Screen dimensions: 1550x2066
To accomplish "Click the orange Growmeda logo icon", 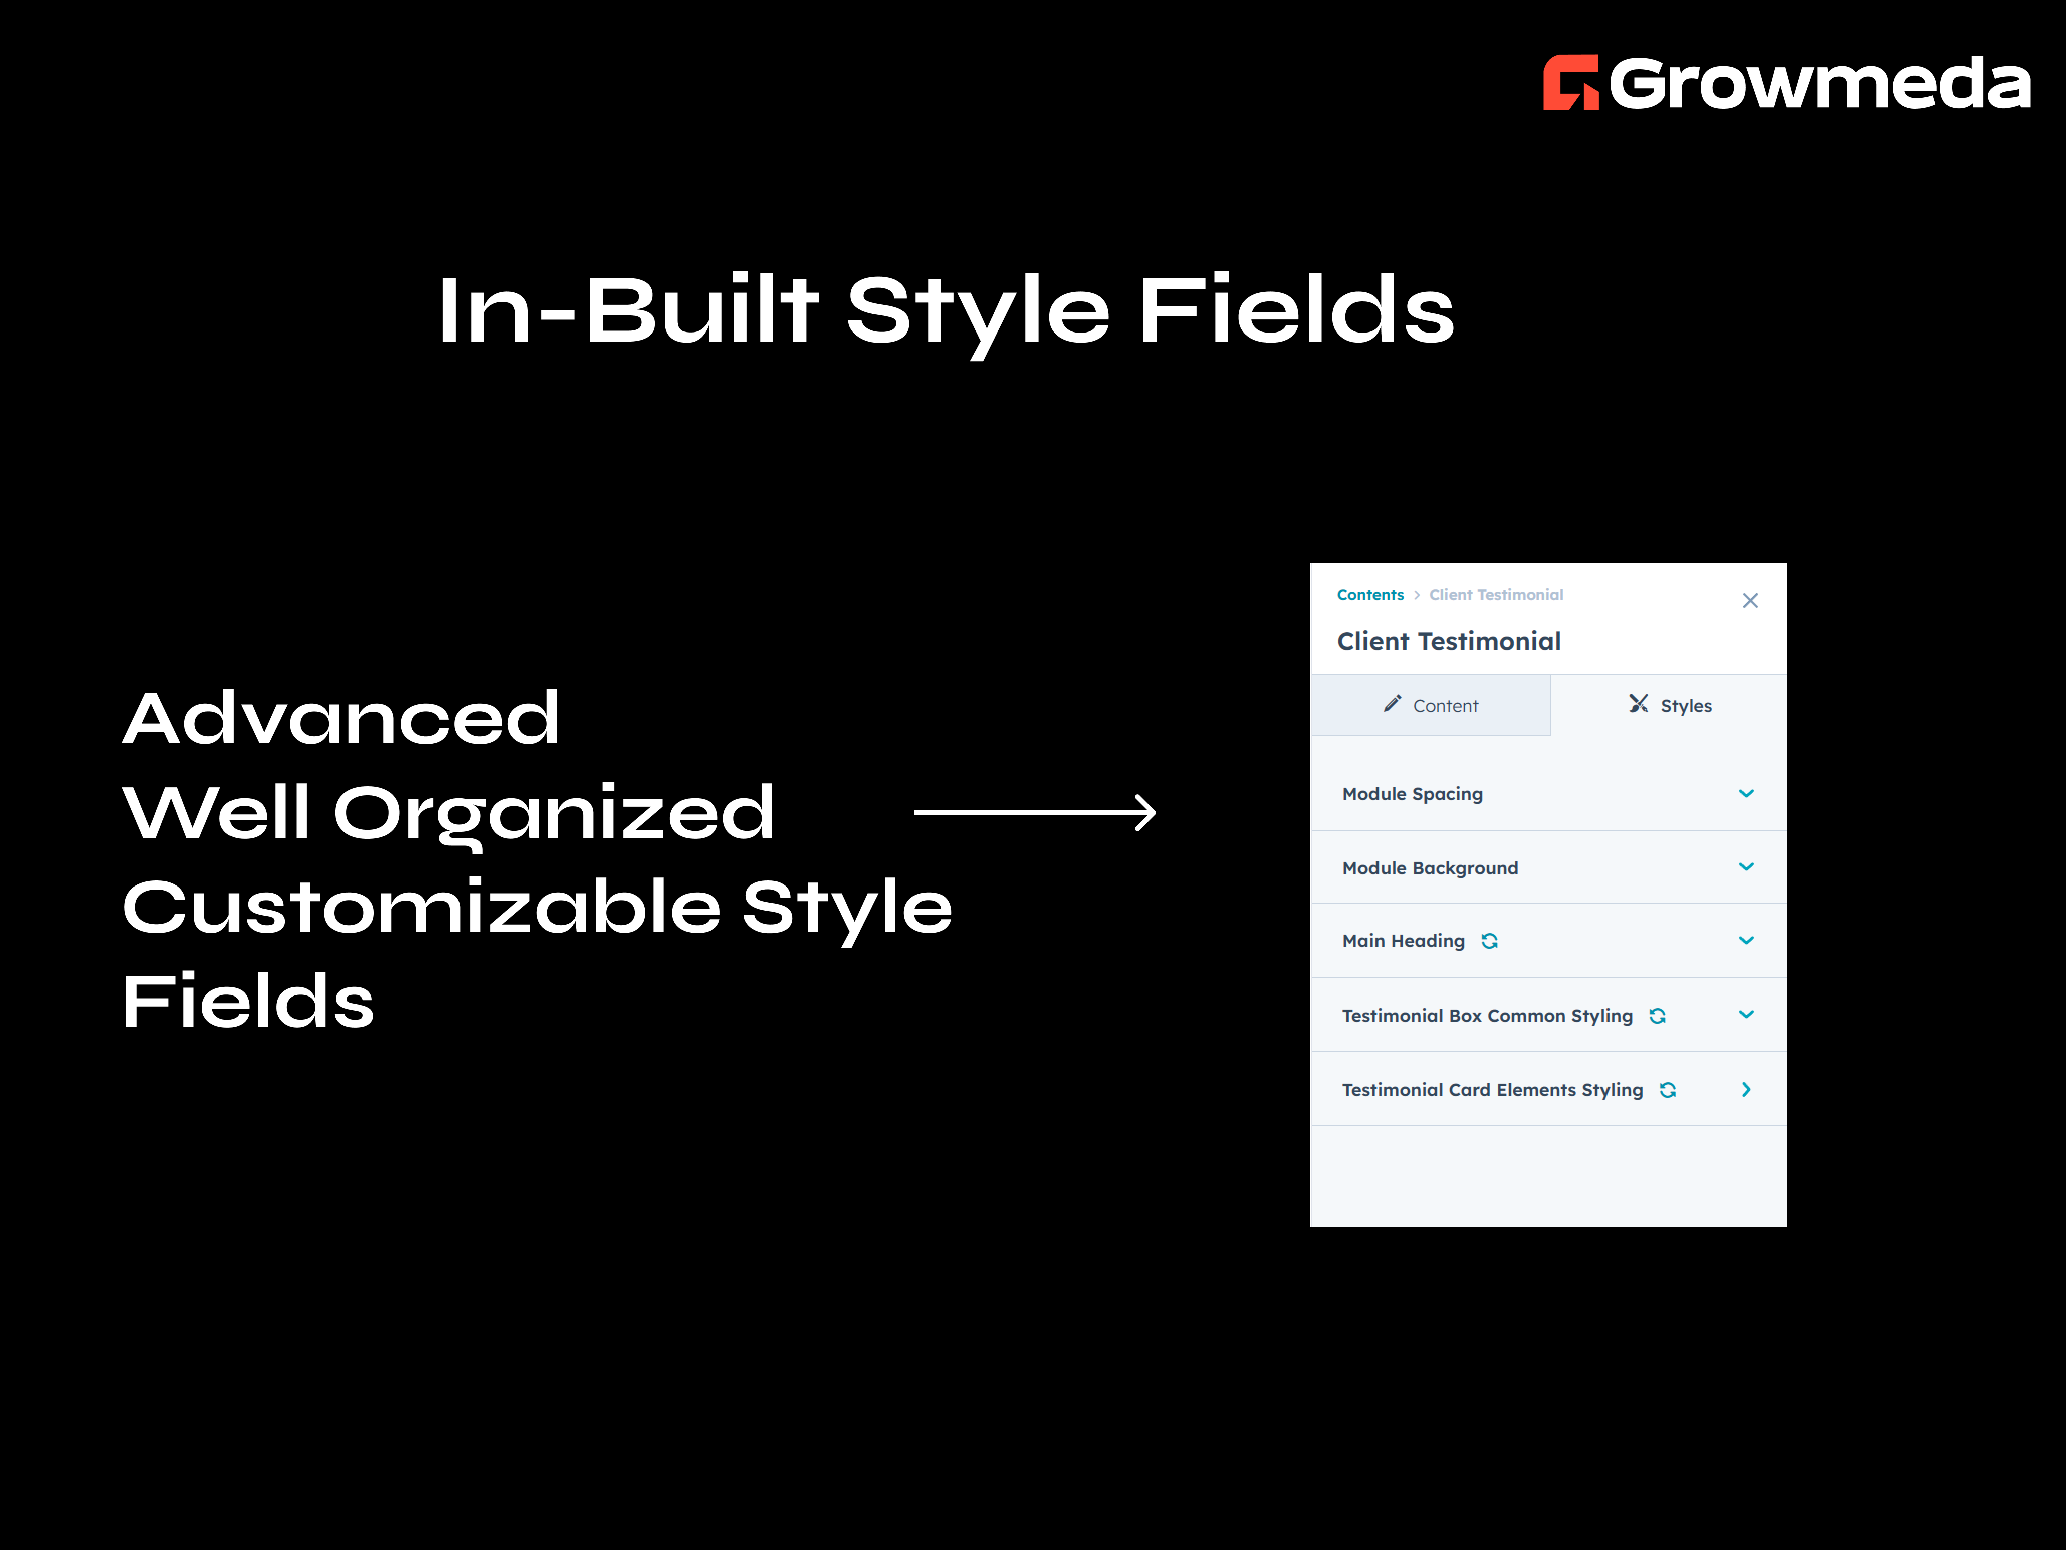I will [1570, 83].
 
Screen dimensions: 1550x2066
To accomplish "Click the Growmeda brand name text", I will [1819, 83].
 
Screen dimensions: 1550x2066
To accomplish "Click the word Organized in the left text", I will [554, 813].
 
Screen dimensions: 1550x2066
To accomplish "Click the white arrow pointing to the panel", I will [1035, 813].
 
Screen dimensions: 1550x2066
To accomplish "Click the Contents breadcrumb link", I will [1369, 594].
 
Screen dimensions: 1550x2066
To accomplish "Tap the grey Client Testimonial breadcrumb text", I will [1496, 594].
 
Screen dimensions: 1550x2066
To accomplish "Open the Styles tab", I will [1670, 705].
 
